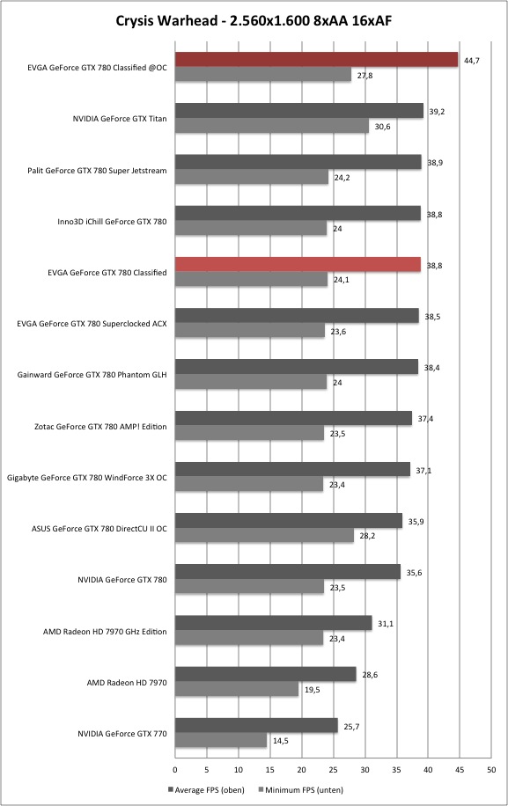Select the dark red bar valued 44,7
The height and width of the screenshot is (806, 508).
(316, 60)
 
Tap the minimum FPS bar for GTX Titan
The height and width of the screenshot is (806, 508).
(272, 126)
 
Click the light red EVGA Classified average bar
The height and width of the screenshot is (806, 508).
(298, 265)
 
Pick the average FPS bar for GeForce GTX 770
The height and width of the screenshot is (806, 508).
(256, 726)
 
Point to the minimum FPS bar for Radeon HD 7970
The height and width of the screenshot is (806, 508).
(237, 689)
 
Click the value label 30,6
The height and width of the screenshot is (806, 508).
(382, 127)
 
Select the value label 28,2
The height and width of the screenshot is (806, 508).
(367, 536)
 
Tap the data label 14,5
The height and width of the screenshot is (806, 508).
(280, 741)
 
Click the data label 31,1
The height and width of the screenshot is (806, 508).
(386, 624)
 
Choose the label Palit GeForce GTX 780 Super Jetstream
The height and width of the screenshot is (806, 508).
(97, 171)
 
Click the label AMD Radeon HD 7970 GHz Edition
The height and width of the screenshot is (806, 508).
(105, 632)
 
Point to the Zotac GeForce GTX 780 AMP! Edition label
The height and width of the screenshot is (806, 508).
(100, 427)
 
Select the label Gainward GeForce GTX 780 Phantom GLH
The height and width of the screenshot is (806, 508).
(92, 375)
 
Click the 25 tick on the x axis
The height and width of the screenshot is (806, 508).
(334, 770)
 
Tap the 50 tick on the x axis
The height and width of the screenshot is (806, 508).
(491, 770)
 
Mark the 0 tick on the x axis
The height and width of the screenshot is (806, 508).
(175, 770)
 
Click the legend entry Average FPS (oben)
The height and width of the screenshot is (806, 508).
(206, 790)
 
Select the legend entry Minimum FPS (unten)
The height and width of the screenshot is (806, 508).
(301, 790)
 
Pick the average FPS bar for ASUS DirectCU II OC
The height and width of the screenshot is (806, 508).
(289, 521)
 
